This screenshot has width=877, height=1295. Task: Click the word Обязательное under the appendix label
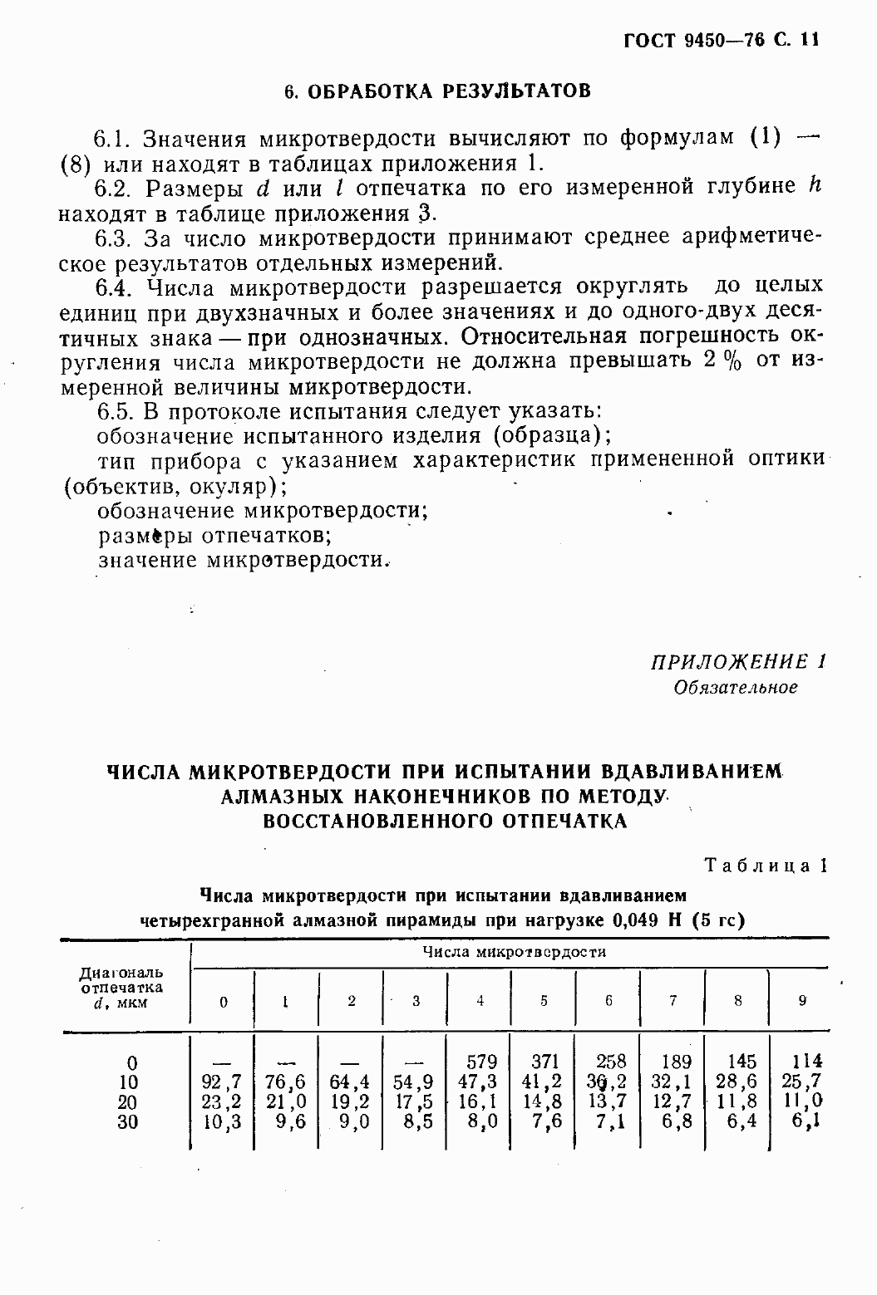coord(736,687)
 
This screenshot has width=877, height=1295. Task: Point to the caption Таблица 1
coord(766,865)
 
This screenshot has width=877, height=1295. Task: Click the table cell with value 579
coord(481,1062)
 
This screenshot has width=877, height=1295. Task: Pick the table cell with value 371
coord(545,1062)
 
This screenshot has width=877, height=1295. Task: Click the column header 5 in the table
coord(544,1001)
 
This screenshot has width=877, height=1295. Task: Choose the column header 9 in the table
coord(802,1001)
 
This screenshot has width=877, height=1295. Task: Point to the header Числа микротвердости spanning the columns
coord(514,952)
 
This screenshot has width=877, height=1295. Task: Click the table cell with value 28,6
coord(738,1082)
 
